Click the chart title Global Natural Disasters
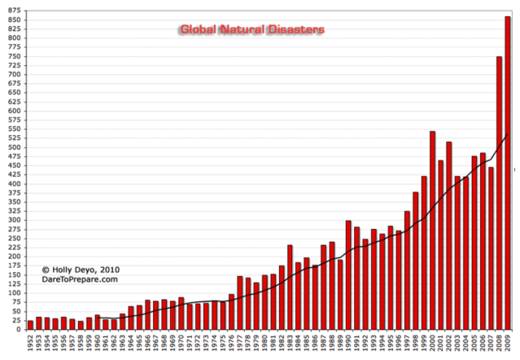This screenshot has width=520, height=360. tap(251, 29)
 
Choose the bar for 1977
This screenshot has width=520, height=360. tap(239, 302)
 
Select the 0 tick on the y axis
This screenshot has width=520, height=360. tap(19, 329)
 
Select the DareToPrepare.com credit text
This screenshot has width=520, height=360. tap(81, 279)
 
